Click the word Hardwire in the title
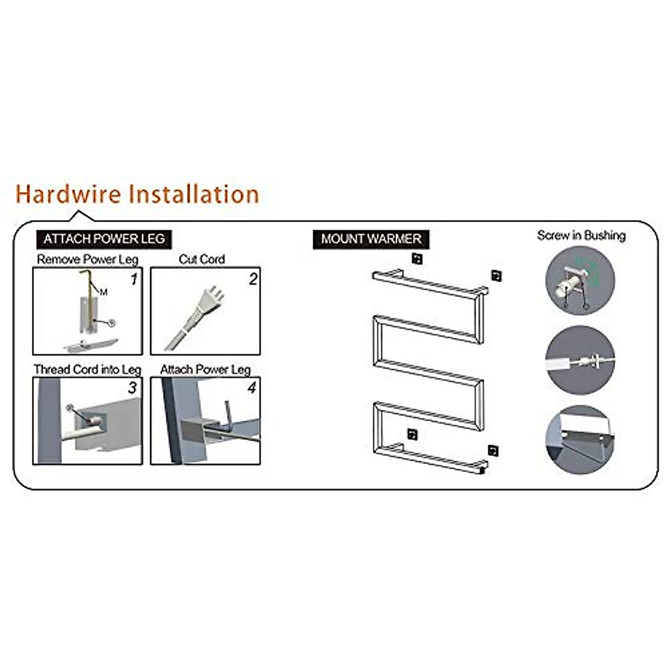click(68, 194)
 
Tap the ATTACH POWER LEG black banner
click(104, 239)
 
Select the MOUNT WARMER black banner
click(371, 239)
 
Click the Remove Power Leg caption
click(87, 259)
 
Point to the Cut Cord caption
click(202, 259)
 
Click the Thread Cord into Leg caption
click(87, 370)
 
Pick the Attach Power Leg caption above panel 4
click(205, 370)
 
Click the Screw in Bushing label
click(581, 235)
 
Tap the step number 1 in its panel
click(134, 280)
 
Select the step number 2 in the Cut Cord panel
click(253, 279)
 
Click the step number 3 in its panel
click(132, 388)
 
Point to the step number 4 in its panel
click(252, 387)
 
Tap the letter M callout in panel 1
click(104, 292)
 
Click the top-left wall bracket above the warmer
click(417, 258)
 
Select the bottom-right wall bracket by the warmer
click(493, 450)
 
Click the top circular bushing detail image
click(581, 281)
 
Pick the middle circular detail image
click(581, 361)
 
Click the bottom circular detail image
click(581, 440)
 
